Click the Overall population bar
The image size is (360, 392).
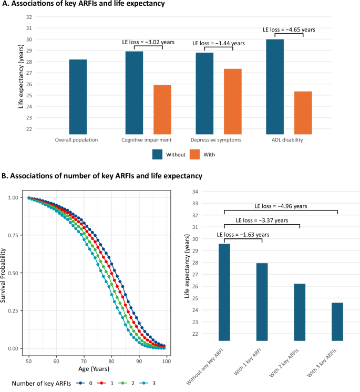pyautogui.click(x=78, y=97)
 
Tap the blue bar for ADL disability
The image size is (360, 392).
pyautogui.click(x=275, y=87)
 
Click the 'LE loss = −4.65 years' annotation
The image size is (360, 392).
pyautogui.click(x=289, y=29)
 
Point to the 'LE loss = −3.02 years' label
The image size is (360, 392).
pyautogui.click(x=148, y=42)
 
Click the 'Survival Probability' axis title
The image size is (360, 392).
pyautogui.click(x=5, y=273)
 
